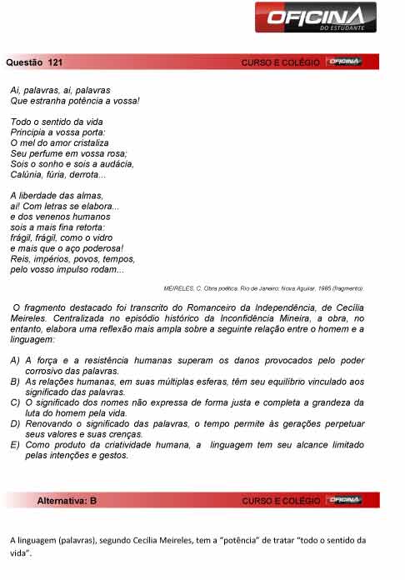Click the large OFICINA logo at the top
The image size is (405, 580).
point(317,17)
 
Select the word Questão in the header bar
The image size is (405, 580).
point(23,62)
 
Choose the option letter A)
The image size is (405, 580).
point(16,360)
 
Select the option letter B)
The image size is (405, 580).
point(16,381)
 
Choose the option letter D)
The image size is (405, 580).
point(16,423)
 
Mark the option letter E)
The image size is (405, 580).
point(16,445)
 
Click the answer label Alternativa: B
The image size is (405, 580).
point(67,501)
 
